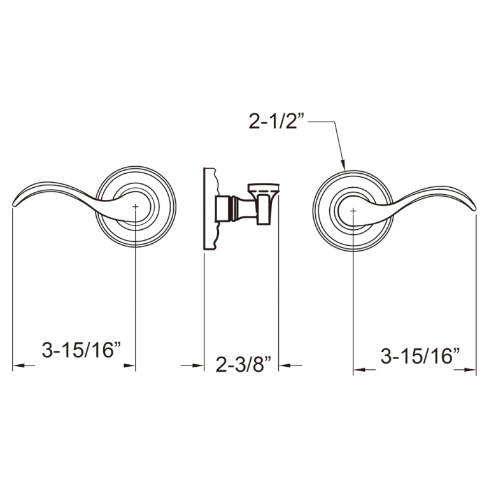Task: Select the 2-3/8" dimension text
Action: tap(243, 365)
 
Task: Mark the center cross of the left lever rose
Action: tap(136, 207)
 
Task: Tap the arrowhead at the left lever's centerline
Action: tap(131, 365)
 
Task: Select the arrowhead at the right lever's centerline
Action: tap(359, 369)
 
